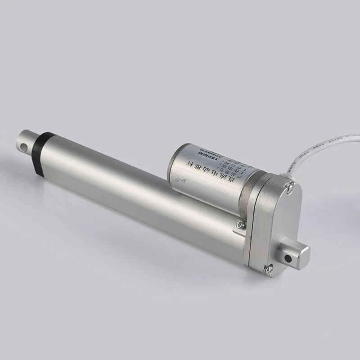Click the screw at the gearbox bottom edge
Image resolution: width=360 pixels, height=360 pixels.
pos(268,269)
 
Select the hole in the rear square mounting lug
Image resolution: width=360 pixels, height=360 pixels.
pos(286,258)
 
